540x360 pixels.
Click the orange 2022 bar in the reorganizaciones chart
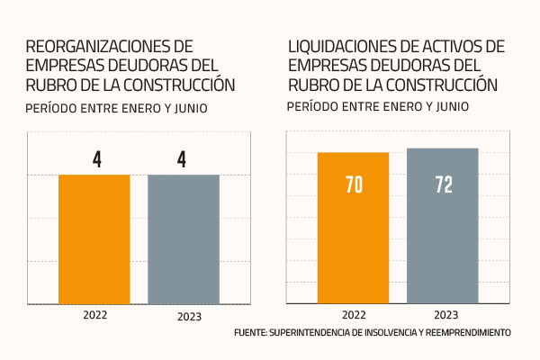tap(94, 238)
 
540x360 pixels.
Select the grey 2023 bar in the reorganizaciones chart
tap(184, 238)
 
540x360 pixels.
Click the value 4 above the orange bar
tap(95, 159)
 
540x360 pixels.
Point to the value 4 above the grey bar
tap(183, 159)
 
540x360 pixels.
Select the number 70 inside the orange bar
tap(354, 185)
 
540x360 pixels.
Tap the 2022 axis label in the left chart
tap(95, 316)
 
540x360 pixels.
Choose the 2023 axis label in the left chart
tap(184, 317)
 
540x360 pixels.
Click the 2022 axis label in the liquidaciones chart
tap(353, 315)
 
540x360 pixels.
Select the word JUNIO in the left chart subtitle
tap(191, 110)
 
